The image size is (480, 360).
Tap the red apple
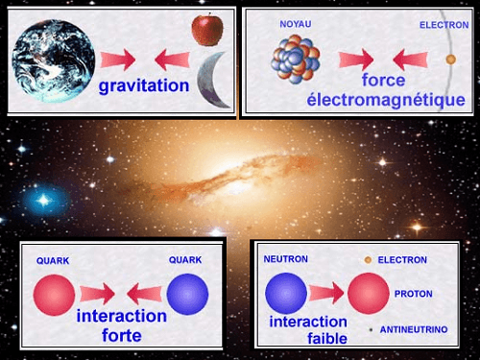[x=206, y=30]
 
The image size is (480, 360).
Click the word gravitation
[x=143, y=86]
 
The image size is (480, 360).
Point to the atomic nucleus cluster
[x=298, y=57]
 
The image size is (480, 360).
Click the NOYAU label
[x=296, y=23]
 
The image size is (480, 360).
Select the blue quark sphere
[x=187, y=295]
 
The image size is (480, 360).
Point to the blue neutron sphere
[x=285, y=292]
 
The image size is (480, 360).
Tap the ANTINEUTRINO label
[x=414, y=329]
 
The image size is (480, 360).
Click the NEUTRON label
[x=285, y=260]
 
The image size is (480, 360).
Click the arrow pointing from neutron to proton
[x=325, y=293]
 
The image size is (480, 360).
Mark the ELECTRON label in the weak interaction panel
[x=402, y=260]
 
